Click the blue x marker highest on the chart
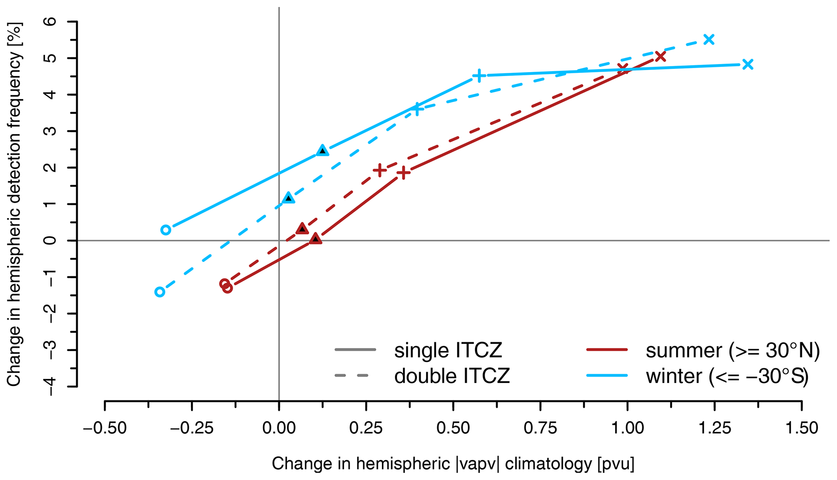click(x=709, y=39)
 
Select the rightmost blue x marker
click(x=748, y=64)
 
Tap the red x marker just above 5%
click(x=660, y=56)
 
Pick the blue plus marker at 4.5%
click(x=479, y=76)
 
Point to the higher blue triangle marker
click(x=322, y=151)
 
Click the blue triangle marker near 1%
click(x=288, y=198)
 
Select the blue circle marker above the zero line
click(x=165, y=230)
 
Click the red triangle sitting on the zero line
click(x=316, y=239)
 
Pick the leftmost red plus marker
click(x=380, y=170)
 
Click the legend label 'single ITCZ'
click(x=448, y=350)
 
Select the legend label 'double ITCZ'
click(x=452, y=376)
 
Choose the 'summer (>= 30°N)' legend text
click(x=733, y=350)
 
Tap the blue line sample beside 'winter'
click(x=607, y=376)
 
